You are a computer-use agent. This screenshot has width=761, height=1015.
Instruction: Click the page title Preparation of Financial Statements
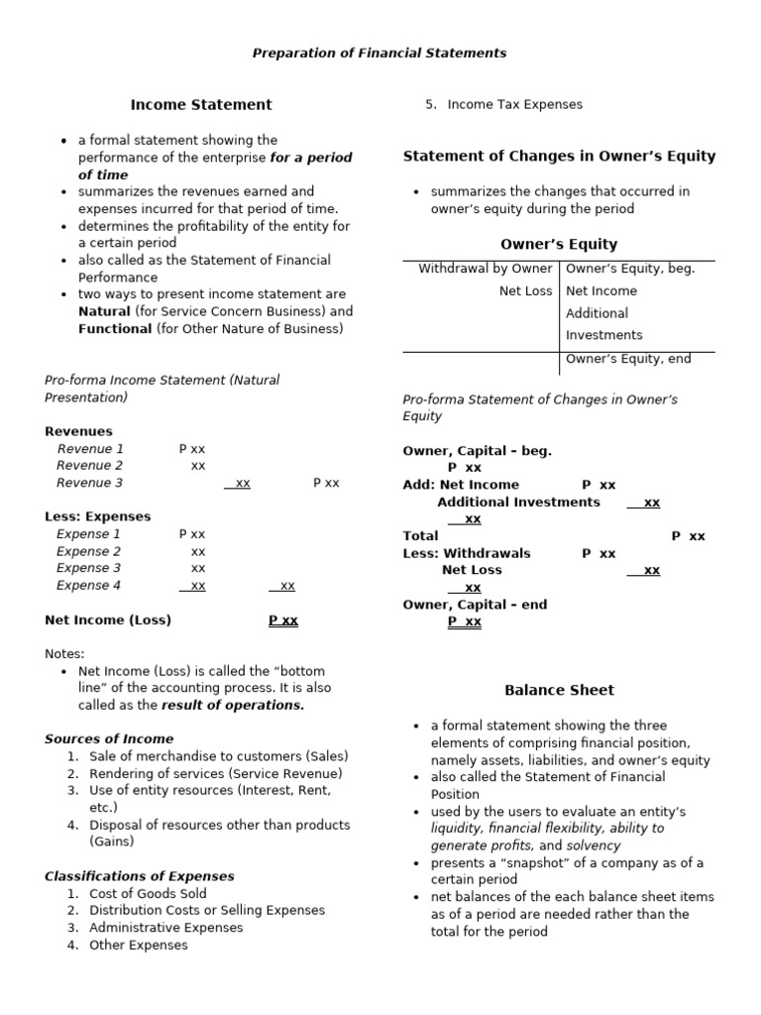tap(380, 53)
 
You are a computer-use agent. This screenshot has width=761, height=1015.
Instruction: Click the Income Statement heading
tap(201, 104)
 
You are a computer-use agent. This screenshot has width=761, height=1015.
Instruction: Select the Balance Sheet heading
tap(559, 690)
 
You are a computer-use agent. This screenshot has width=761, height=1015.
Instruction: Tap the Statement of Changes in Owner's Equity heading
tap(559, 157)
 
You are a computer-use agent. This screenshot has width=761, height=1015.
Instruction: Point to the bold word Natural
tap(104, 311)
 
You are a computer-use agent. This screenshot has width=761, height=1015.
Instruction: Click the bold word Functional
tap(115, 329)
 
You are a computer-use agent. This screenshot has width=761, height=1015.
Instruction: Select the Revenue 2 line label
tap(90, 466)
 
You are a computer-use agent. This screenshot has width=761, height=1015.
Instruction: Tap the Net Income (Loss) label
tap(108, 620)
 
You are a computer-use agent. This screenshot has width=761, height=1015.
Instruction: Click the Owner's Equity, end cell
tap(628, 359)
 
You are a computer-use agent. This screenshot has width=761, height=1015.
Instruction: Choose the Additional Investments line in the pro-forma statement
tap(518, 503)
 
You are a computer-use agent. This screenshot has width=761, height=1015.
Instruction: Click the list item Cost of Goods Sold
tap(148, 893)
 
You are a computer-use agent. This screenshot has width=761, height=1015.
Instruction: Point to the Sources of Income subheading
tap(109, 738)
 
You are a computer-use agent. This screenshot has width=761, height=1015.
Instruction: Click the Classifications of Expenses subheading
tap(140, 876)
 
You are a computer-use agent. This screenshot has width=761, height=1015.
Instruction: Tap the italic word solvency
tap(594, 846)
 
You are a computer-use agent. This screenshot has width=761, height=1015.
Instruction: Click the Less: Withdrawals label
tap(467, 553)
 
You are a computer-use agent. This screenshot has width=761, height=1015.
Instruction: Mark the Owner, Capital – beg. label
tap(477, 451)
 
